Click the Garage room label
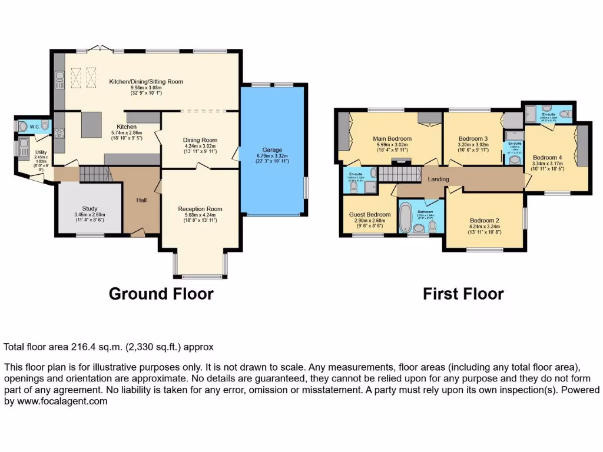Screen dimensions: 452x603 [x=272, y=149]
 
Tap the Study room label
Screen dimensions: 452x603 [x=90, y=208]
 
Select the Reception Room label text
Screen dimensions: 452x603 [x=200, y=208]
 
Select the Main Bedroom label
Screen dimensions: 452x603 [x=392, y=139]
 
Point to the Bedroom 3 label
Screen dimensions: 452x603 [x=472, y=139]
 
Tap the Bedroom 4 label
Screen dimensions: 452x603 [x=548, y=158]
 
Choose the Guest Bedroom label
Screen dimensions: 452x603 [x=370, y=214]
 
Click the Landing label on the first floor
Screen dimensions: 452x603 [x=438, y=180]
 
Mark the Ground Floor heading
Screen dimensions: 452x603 [x=161, y=293]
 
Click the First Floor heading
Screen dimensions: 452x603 [x=463, y=293]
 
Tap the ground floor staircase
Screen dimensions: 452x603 [x=94, y=174]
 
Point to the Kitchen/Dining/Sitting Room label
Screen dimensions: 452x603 [x=146, y=81]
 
